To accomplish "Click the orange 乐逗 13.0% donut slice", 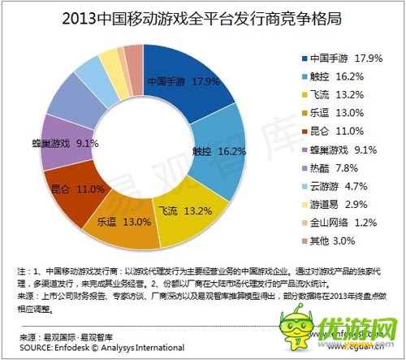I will (x=114, y=221).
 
